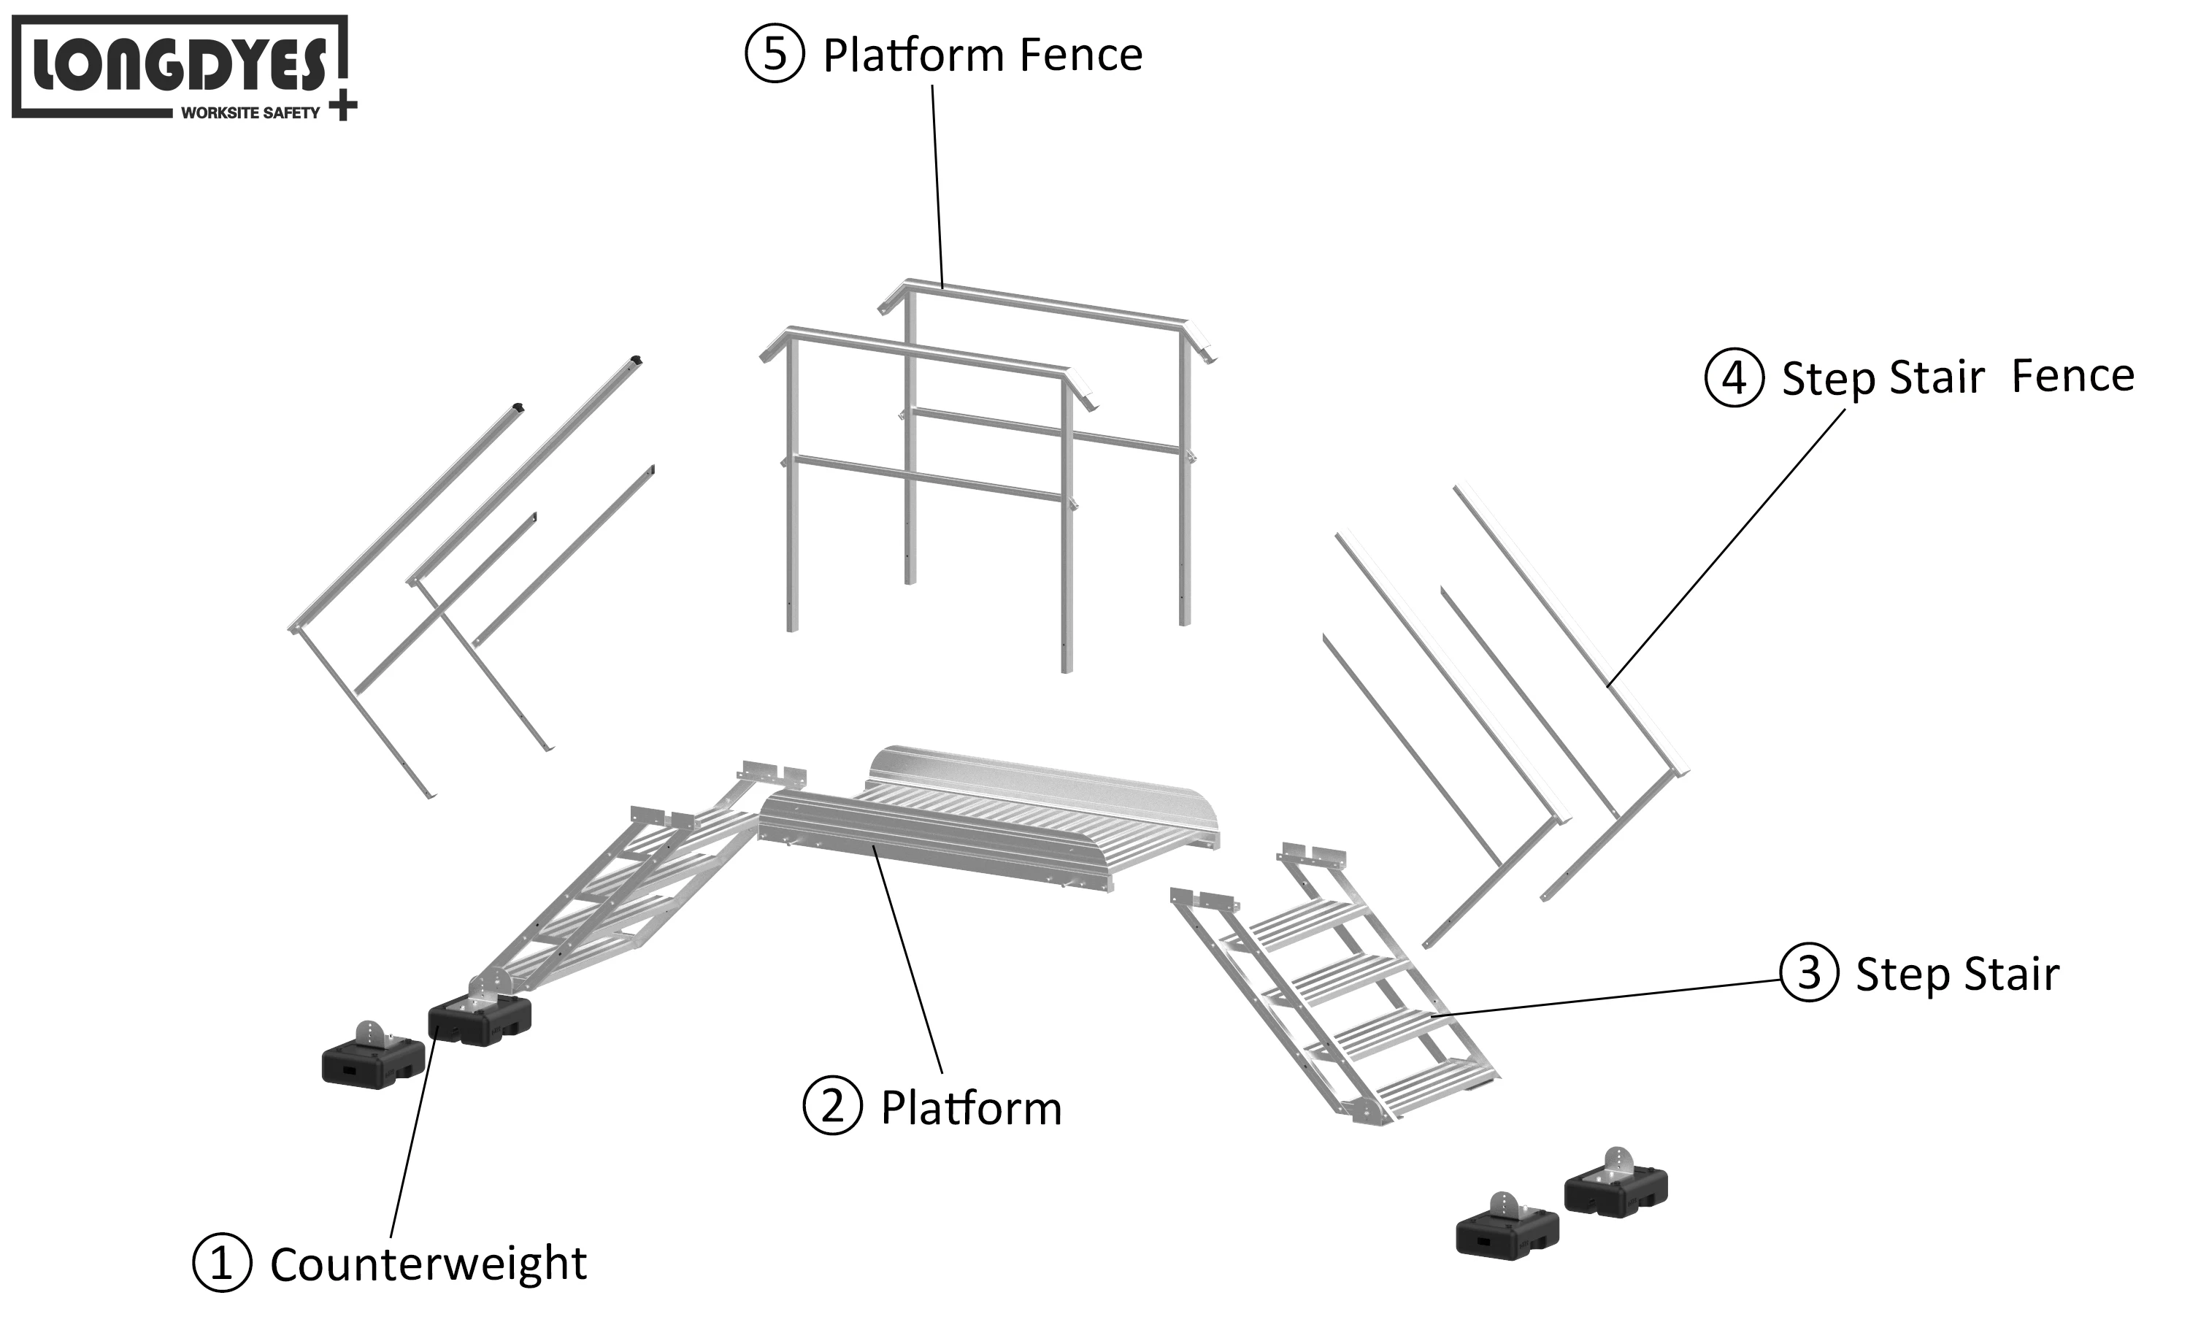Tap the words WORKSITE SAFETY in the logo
pyautogui.click(x=250, y=113)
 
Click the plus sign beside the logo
pyautogui.click(x=342, y=107)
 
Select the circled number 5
pyautogui.click(x=774, y=53)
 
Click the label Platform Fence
pyautogui.click(x=982, y=55)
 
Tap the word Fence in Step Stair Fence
pyautogui.click(x=2072, y=376)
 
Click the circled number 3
pyautogui.click(x=1809, y=972)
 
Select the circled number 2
pyautogui.click(x=832, y=1105)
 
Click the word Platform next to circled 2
pyautogui.click(x=971, y=1108)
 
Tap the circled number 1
pyautogui.click(x=221, y=1262)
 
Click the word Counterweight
pyautogui.click(x=428, y=1264)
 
